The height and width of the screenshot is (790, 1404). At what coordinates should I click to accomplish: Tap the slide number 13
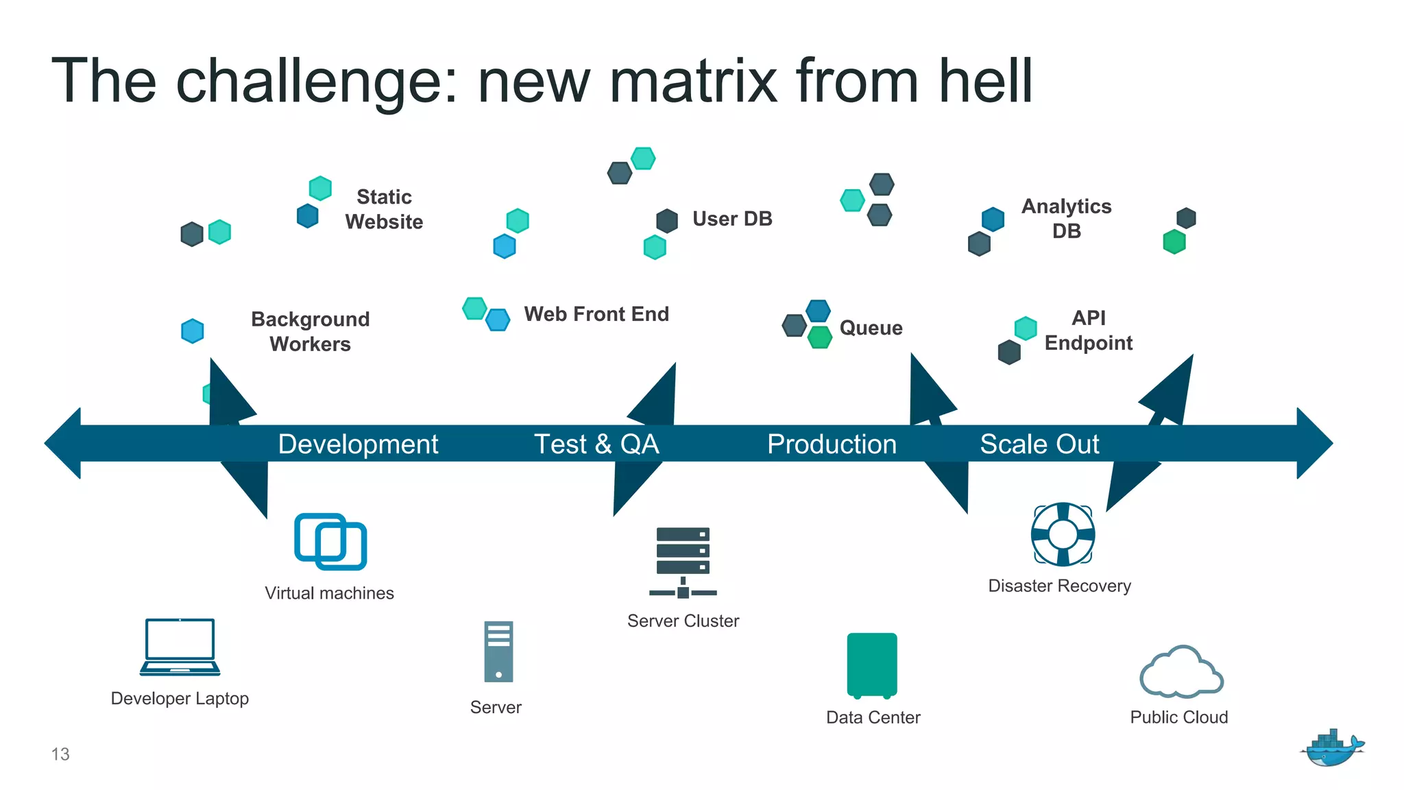60,754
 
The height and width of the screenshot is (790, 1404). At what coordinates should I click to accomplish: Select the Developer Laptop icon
180,647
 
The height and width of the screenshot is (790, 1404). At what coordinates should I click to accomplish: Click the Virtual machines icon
330,541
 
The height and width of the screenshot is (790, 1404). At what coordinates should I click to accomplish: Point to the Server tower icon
498,651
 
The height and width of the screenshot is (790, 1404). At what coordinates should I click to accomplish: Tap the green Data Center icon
872,665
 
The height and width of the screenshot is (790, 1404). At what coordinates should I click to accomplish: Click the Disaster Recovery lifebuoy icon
1063,534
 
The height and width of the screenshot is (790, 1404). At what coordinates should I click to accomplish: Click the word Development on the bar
358,444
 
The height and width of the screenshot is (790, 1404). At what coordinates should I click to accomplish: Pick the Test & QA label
596,444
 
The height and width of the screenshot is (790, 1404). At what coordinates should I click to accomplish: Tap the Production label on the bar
832,444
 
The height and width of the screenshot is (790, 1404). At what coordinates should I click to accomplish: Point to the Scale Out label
1039,444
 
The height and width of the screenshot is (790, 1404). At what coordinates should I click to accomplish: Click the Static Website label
384,209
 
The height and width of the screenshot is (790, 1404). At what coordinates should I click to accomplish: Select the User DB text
732,219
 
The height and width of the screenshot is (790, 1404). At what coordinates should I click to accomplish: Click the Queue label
871,328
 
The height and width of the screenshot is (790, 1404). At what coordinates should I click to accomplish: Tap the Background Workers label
310,331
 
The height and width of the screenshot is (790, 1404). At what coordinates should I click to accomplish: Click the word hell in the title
986,81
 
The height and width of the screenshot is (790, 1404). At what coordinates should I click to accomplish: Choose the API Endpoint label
1088,331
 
